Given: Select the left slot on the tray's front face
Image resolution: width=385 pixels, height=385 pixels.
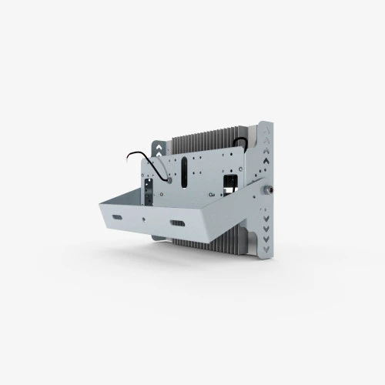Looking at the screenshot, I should coord(117,219).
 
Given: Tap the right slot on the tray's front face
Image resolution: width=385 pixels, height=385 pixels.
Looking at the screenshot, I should coord(177,223).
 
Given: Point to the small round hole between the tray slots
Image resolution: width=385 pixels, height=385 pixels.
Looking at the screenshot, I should coord(146,221).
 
